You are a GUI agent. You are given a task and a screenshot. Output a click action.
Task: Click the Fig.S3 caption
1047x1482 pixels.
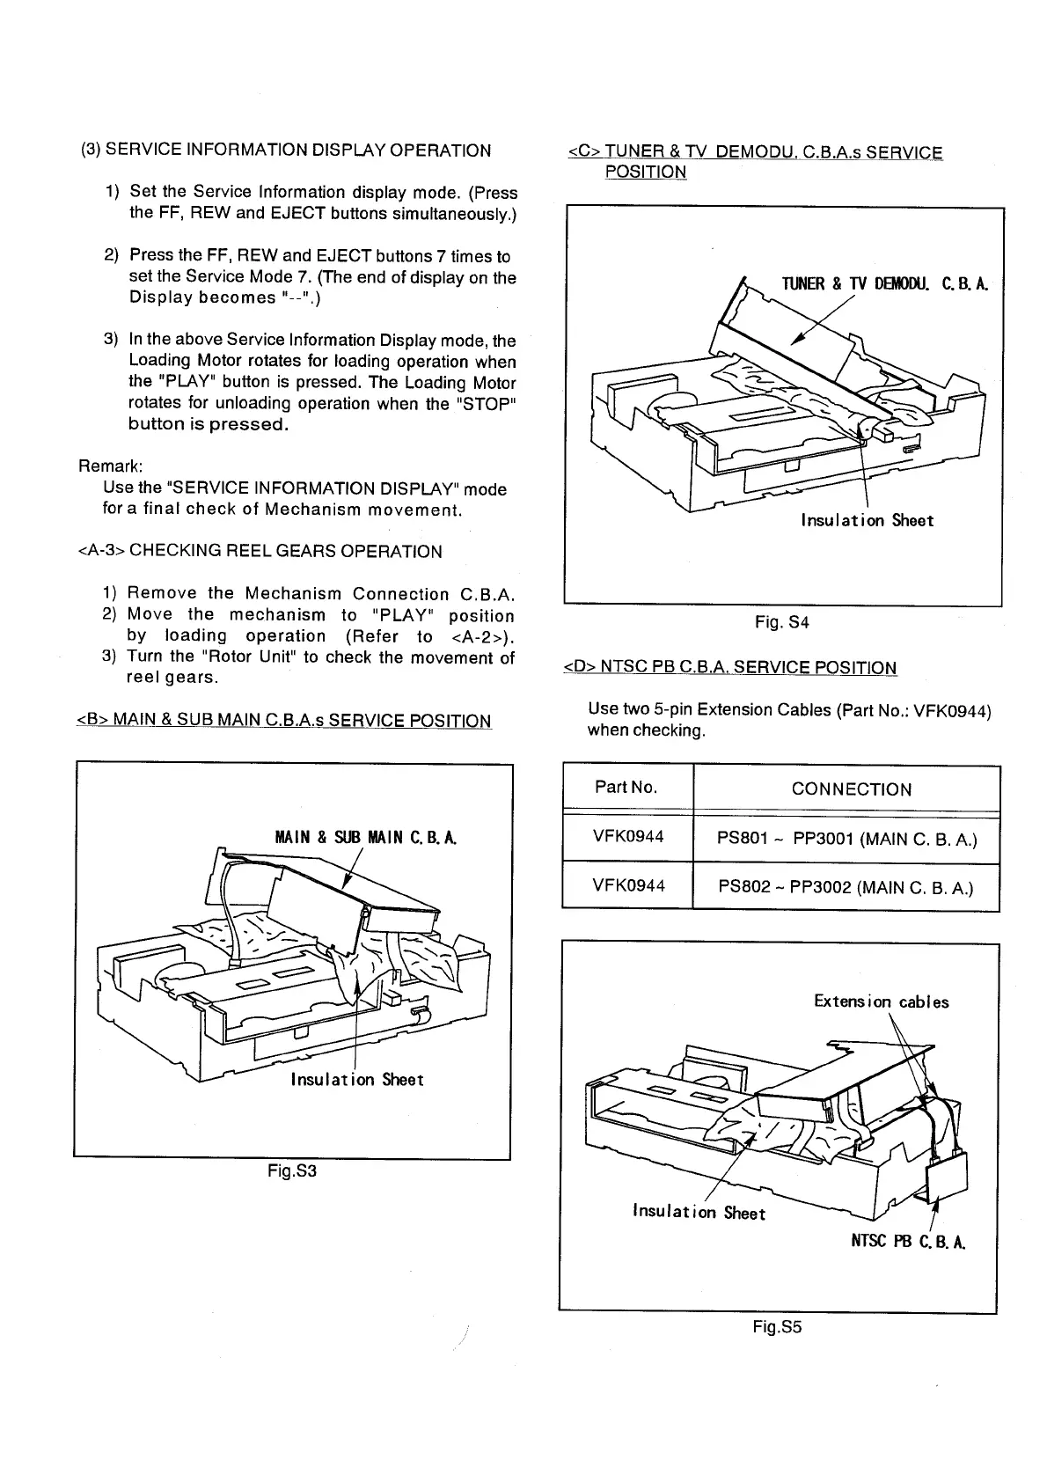(291, 1172)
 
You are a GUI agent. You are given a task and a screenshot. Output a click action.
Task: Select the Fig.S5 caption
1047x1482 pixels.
(778, 1327)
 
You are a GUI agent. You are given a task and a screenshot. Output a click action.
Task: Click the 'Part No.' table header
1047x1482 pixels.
(626, 787)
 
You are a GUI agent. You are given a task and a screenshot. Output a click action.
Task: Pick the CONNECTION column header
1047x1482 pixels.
(851, 789)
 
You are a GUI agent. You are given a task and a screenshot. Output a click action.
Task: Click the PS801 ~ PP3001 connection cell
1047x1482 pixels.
(847, 839)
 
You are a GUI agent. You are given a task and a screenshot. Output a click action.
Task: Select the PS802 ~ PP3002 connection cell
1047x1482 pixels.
(846, 887)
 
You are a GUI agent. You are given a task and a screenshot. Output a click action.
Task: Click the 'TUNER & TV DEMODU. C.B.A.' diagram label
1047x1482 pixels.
(885, 283)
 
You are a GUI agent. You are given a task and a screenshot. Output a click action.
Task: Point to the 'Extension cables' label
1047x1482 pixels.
(881, 1001)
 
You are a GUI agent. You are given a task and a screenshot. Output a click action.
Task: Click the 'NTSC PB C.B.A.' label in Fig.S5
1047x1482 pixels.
(909, 1243)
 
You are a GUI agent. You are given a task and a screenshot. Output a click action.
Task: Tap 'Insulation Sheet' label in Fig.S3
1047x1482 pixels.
(357, 1080)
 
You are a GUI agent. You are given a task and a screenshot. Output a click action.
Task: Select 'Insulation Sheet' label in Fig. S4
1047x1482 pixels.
(867, 520)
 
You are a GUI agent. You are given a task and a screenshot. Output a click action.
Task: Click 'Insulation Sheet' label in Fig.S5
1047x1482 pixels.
(699, 1213)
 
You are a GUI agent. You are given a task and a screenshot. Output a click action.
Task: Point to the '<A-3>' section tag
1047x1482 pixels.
(102, 552)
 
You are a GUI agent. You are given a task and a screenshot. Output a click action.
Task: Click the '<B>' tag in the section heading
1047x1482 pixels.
(92, 722)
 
